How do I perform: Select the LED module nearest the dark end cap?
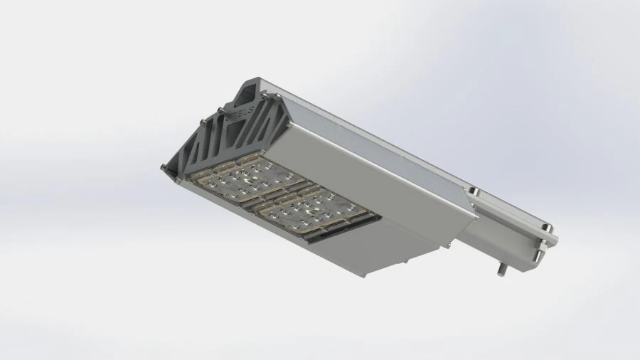click(245, 179)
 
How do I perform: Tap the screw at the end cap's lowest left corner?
click(164, 168)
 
